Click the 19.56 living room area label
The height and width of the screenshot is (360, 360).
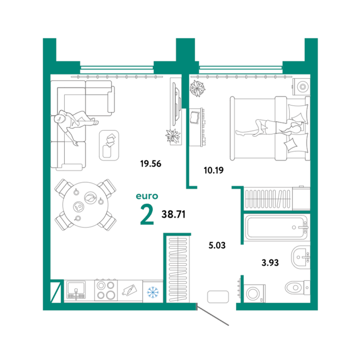[150, 164]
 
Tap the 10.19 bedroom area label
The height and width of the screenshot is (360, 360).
[214, 170]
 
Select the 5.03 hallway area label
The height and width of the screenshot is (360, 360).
[217, 245]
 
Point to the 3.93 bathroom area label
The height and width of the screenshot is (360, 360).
[270, 262]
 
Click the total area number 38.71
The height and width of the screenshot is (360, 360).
[173, 214]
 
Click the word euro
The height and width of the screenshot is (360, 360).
[147, 196]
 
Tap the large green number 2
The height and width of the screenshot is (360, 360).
[147, 214]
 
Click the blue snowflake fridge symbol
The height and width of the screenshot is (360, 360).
[153, 292]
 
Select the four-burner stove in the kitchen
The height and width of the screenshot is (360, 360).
[106, 291]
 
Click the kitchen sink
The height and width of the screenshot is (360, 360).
[76, 290]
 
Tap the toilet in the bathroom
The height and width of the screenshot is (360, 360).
[298, 287]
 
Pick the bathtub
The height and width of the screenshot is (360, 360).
[276, 227]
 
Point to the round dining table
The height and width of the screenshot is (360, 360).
[85, 205]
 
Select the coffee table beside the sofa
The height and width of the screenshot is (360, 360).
[109, 145]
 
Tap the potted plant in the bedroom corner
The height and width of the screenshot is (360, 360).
[197, 88]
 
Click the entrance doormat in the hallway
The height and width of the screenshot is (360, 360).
[218, 297]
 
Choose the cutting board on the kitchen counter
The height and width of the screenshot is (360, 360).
[129, 291]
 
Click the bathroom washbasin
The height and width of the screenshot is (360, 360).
[301, 257]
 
